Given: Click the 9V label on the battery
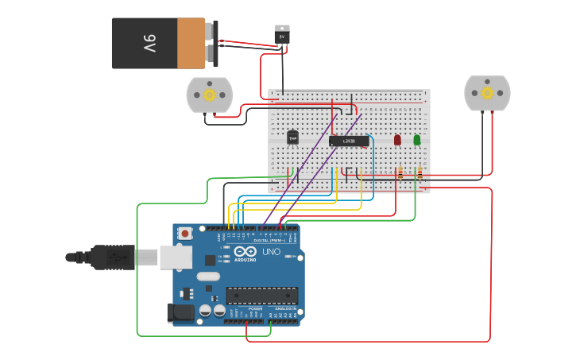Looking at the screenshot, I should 149,43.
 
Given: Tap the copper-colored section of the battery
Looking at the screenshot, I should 191,43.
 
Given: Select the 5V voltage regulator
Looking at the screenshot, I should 282,34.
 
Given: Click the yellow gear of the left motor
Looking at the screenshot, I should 210,95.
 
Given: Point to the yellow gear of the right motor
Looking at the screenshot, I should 487,93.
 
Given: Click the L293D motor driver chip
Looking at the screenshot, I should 349,141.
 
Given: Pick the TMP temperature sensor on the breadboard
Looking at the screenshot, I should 292,138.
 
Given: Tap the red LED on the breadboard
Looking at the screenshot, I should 397,140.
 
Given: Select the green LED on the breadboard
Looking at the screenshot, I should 417,140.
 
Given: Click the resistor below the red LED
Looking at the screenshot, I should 400,172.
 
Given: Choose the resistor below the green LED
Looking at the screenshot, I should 419,172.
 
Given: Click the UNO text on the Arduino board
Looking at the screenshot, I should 271,253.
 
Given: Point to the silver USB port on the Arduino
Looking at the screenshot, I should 175,257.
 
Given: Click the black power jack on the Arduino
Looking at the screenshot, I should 180,312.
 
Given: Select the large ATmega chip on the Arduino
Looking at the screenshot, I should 262,296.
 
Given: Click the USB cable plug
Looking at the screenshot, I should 119,257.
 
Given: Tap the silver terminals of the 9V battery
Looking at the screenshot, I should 211,44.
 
